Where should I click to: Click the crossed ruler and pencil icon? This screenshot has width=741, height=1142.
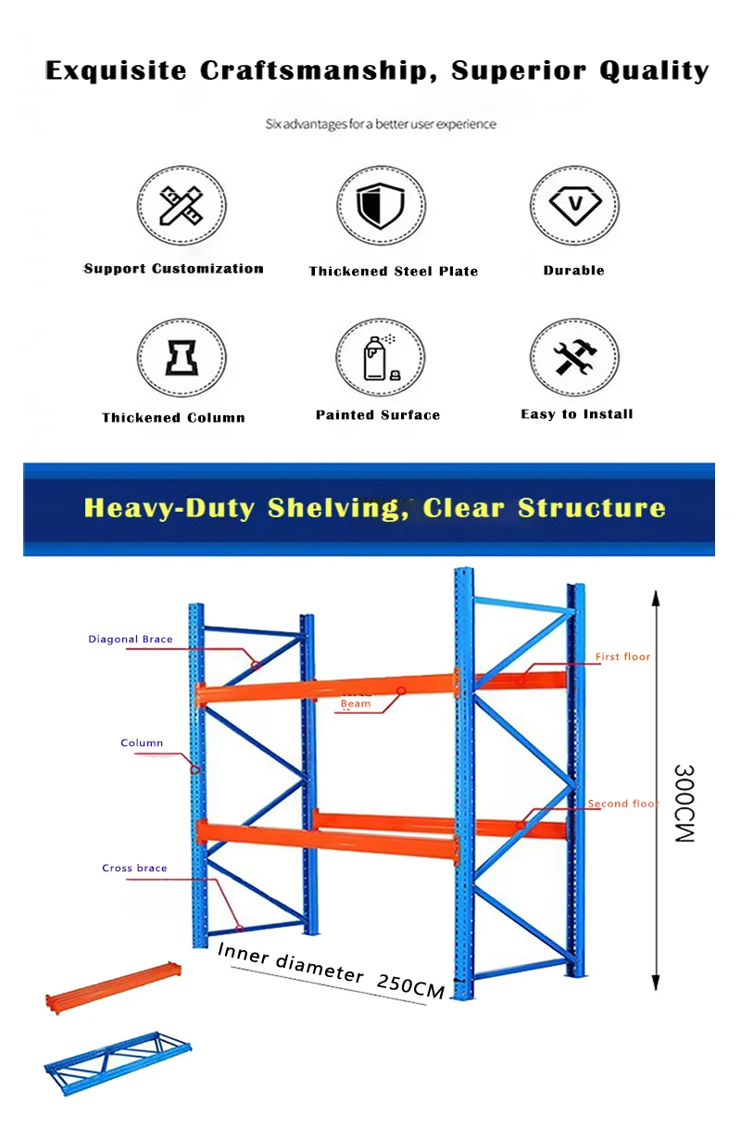[x=181, y=206]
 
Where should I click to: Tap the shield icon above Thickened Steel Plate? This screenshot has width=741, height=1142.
[x=380, y=205]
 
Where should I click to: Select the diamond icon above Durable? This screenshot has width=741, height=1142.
[x=574, y=205]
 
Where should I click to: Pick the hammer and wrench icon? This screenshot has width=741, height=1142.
[x=574, y=357]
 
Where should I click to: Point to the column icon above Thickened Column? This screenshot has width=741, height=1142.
[x=181, y=358]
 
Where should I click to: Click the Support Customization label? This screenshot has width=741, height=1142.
[x=173, y=269]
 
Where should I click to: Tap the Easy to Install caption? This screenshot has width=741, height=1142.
[x=576, y=414]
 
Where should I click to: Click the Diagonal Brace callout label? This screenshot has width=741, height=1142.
[x=131, y=640]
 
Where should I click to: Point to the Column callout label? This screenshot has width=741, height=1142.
[x=142, y=743]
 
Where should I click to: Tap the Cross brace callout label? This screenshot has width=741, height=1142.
[x=134, y=869]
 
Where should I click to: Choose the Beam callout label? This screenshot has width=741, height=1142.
[x=356, y=704]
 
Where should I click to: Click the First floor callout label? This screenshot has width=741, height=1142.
[x=622, y=657]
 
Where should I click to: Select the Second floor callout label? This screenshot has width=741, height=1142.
[x=622, y=804]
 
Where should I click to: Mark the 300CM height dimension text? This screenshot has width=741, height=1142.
[x=684, y=804]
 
